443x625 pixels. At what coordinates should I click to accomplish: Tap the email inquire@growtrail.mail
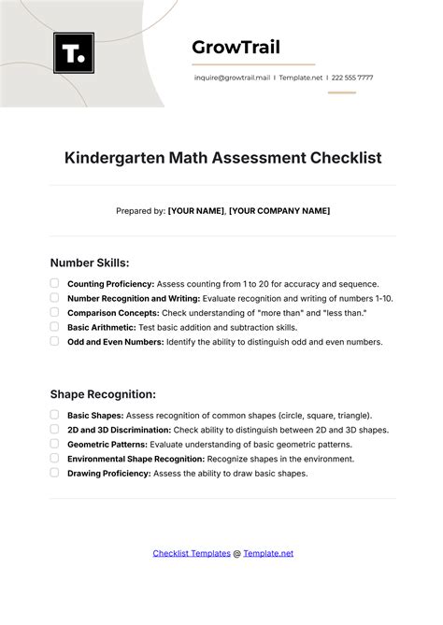(231, 78)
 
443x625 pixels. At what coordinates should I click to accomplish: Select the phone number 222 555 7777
(352, 78)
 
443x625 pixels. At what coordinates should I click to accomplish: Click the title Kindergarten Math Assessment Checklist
(223, 158)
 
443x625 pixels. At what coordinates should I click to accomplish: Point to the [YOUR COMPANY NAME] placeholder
(279, 211)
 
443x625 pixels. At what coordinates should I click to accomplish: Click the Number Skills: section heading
(90, 263)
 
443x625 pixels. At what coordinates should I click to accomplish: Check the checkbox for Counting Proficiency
(55, 283)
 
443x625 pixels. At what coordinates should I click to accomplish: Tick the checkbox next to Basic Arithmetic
(55, 327)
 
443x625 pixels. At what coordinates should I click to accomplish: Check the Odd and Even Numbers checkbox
(55, 342)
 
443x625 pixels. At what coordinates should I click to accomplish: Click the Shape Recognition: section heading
(103, 394)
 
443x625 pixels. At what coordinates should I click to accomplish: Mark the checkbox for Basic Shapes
(55, 415)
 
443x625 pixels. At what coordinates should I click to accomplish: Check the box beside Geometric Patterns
(55, 444)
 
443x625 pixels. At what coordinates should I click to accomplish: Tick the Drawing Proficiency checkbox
(55, 473)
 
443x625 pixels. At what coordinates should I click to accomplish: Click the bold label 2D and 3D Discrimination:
(119, 430)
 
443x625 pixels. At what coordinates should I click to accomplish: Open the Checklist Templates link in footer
(192, 553)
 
